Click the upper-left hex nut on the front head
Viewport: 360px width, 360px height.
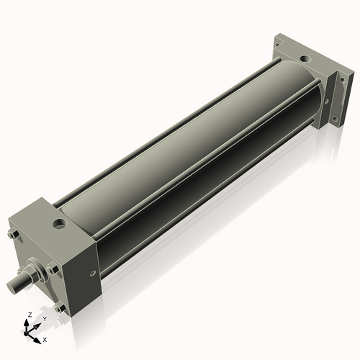(12, 235)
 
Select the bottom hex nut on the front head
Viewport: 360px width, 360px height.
(60, 307)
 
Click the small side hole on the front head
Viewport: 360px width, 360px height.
(91, 273)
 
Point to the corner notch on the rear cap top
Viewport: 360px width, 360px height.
(279, 47)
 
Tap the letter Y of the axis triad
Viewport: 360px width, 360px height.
(45, 318)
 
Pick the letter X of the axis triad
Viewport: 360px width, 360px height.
(45, 338)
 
